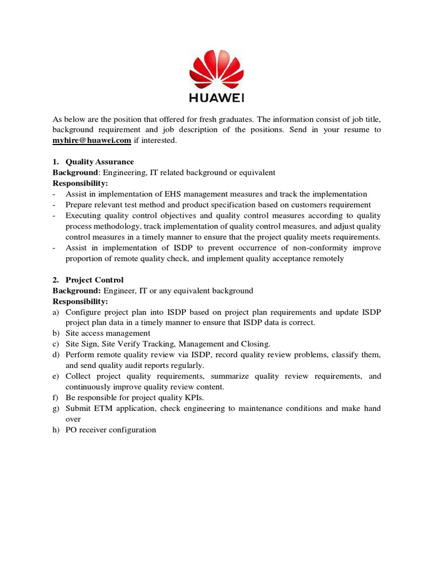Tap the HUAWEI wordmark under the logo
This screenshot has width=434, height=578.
point(217,99)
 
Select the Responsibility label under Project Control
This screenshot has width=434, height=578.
point(80,301)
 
